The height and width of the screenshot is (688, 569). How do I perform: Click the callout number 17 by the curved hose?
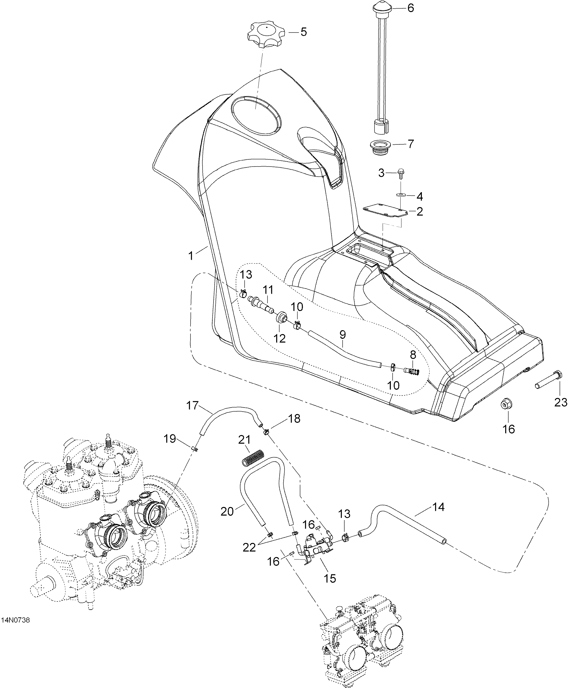point(193,406)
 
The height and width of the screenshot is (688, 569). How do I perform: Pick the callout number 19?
point(170,439)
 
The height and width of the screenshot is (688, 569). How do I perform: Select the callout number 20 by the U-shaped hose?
point(227,512)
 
